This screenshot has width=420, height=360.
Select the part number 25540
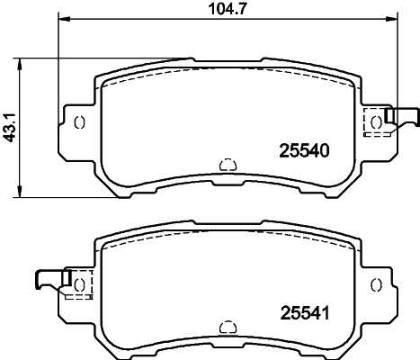click(x=297, y=152)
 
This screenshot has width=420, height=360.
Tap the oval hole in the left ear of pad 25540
click(x=78, y=122)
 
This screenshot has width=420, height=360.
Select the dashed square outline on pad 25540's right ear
click(x=375, y=122)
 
